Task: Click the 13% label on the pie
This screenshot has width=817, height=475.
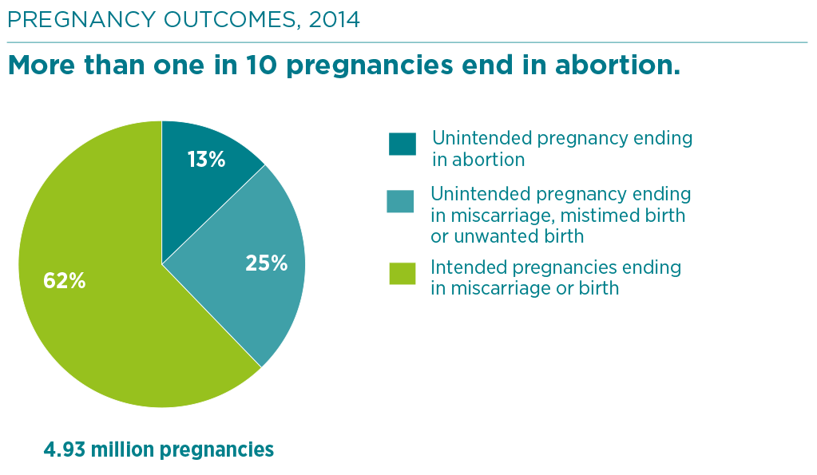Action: tap(206, 160)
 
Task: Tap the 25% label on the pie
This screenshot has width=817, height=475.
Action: tap(266, 263)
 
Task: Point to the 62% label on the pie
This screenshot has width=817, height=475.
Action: tap(64, 281)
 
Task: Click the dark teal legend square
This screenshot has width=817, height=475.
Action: tap(403, 144)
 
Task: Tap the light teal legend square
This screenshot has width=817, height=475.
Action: tap(400, 201)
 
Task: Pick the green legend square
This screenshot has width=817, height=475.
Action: tap(403, 274)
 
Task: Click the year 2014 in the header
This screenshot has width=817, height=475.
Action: tap(334, 20)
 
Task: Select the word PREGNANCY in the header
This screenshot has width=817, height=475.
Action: tap(81, 20)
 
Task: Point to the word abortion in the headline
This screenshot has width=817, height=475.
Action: tap(617, 65)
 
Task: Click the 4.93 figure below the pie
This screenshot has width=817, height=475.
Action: tap(64, 449)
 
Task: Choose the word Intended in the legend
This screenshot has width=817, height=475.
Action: tap(469, 267)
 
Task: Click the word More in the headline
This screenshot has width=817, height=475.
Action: tap(42, 65)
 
